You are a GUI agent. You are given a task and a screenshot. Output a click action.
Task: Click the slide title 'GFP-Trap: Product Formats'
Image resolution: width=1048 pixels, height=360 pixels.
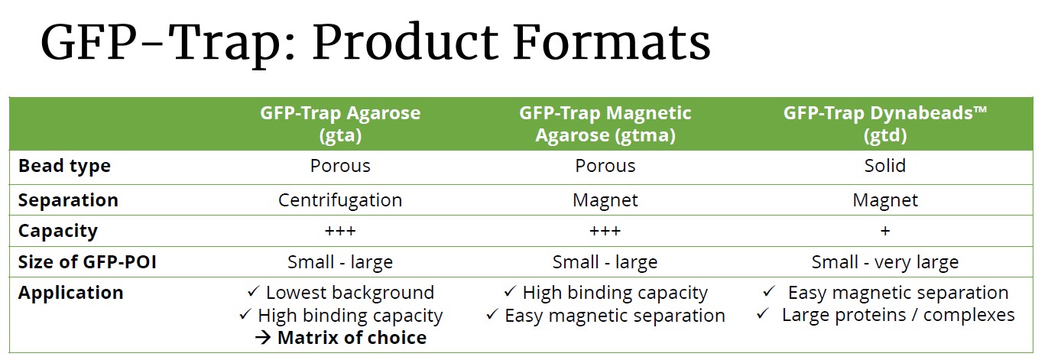(x=375, y=43)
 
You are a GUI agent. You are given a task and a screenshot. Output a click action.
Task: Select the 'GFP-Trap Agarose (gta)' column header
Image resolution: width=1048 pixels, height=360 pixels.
(x=340, y=124)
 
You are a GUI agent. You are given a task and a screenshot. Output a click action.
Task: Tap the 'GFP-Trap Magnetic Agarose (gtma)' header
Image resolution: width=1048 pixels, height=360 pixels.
(x=605, y=124)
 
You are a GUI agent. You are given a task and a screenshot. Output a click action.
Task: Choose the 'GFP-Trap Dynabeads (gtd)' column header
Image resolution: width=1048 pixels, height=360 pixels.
(x=885, y=124)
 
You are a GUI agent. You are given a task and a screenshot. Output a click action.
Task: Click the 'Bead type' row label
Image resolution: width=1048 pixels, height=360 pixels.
(x=64, y=167)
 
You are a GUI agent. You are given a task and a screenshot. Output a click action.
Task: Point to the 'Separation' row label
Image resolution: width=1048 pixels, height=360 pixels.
(x=68, y=200)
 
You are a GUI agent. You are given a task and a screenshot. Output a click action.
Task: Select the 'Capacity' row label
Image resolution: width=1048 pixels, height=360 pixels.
(x=58, y=231)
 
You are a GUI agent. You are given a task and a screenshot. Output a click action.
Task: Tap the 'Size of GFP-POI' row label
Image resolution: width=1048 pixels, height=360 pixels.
(x=87, y=262)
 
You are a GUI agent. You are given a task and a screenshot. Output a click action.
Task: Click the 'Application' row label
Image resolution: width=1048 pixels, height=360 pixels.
(x=70, y=294)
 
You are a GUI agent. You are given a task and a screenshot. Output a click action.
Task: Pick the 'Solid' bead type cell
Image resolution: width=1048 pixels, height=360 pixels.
(x=884, y=166)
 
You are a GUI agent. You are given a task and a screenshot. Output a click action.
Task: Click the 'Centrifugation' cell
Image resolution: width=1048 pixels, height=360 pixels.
(x=340, y=200)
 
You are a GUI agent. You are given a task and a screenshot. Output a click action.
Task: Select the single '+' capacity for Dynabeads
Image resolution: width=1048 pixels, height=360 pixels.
(x=884, y=231)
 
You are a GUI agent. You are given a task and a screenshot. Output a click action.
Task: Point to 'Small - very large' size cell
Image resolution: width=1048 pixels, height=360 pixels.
(x=884, y=262)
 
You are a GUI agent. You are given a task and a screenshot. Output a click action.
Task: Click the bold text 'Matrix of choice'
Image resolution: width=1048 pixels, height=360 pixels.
(x=352, y=338)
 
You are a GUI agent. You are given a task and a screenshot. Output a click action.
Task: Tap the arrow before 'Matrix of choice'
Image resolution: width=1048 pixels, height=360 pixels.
(x=263, y=338)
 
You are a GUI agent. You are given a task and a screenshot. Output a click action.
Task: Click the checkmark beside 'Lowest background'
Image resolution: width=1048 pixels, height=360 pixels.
(x=253, y=292)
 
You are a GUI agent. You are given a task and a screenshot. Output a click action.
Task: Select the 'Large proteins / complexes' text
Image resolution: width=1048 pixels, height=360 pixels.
(x=898, y=315)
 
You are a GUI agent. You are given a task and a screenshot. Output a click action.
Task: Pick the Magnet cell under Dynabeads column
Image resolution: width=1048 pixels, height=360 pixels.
(x=884, y=200)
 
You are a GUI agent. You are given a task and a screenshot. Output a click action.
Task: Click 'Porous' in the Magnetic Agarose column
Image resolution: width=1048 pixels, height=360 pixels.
(x=605, y=166)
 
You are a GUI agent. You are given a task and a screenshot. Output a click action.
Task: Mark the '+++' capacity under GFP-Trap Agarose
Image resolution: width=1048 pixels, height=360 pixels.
(x=340, y=231)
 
